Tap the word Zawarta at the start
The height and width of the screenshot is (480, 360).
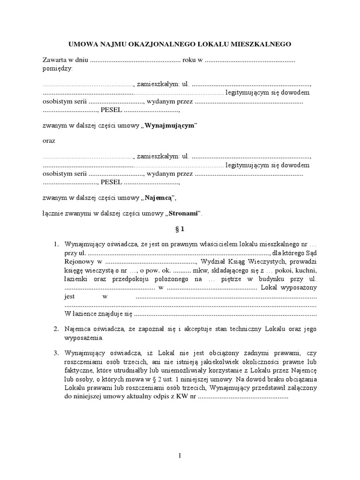pos(54,60)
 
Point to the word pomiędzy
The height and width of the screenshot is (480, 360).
pos(57,68)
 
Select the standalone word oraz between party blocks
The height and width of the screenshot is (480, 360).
pos(49,141)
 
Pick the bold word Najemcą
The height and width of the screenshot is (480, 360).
pos(159,198)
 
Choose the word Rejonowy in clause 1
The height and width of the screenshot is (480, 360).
pos(77,262)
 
